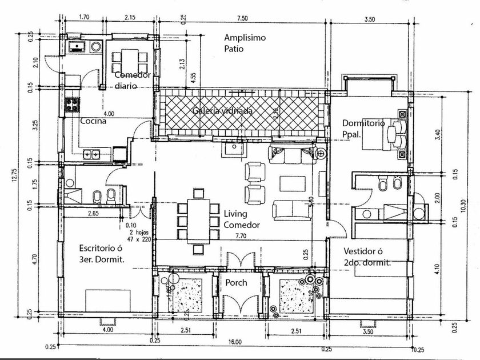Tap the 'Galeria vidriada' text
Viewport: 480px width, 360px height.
pos(222,111)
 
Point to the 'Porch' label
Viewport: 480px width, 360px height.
pos(235,282)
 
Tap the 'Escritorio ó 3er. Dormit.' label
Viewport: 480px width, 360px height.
pos(102,254)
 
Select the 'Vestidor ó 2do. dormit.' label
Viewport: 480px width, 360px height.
pos(367,257)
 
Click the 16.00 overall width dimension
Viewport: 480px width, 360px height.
pos(235,342)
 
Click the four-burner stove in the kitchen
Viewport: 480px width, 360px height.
pos(73,104)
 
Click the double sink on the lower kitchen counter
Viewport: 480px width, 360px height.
pos(92,153)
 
